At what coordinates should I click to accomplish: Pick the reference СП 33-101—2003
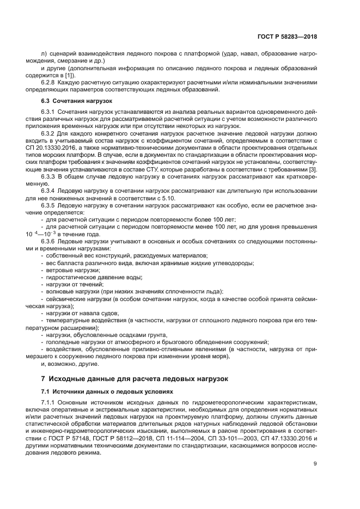click(x=227, y=438)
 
